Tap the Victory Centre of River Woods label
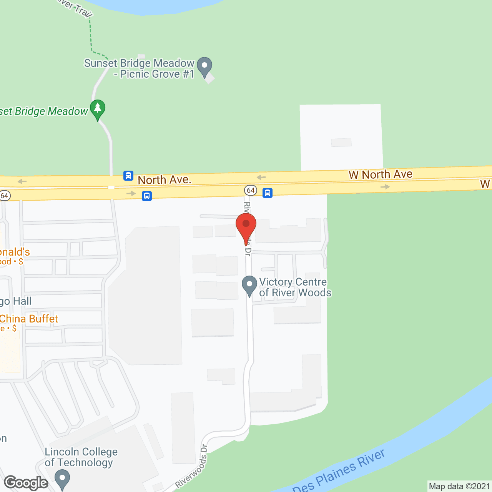click(295, 288)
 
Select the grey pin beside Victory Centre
click(249, 286)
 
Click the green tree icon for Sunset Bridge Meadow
click(98, 109)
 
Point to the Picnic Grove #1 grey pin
click(204, 67)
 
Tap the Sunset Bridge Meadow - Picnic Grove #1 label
click(140, 68)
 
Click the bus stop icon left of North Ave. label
click(128, 176)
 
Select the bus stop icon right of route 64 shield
click(268, 193)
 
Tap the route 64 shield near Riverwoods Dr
click(251, 190)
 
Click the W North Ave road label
click(380, 175)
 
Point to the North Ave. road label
click(164, 180)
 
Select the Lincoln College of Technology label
click(81, 457)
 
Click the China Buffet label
click(29, 319)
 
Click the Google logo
click(26, 483)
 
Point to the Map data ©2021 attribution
click(459, 487)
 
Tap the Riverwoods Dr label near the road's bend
click(191, 466)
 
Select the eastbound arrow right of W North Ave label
click(385, 187)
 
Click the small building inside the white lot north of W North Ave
click(341, 142)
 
